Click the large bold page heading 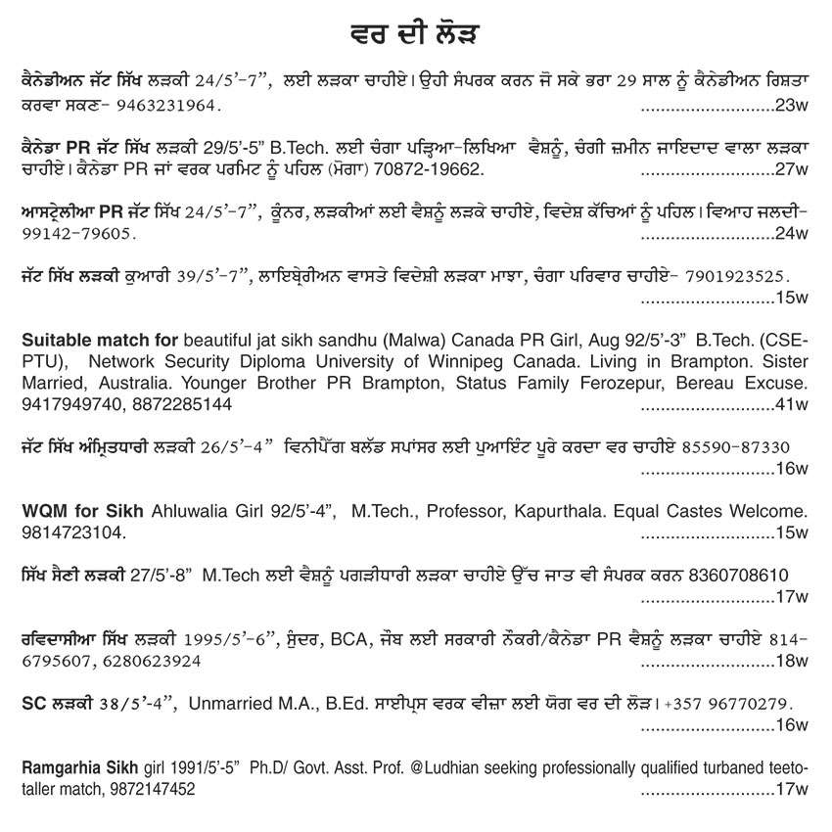[x=415, y=36]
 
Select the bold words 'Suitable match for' [x=99, y=341]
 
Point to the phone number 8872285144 [x=171, y=404]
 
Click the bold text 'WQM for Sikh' [x=82, y=511]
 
